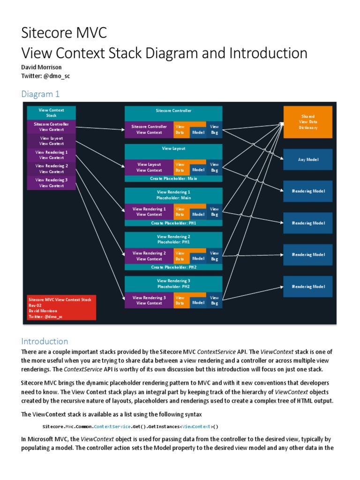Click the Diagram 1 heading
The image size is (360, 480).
40,94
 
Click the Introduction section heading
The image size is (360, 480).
45,341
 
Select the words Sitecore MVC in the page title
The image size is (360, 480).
64,33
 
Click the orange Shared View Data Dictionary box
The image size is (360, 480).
307,122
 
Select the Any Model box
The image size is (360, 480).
307,159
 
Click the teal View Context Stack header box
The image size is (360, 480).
52,112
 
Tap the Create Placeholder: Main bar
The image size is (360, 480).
173,179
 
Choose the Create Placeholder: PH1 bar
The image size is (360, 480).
173,223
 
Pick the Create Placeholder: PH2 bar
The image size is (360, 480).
173,267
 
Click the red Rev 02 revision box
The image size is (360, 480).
61,307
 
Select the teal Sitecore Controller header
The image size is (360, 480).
173,111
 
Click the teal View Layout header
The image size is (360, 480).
173,149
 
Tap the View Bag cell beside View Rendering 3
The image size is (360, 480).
214,300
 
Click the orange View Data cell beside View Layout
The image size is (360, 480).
180,167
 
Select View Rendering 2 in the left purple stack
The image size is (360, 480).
52,169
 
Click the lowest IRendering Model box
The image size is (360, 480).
307,286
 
